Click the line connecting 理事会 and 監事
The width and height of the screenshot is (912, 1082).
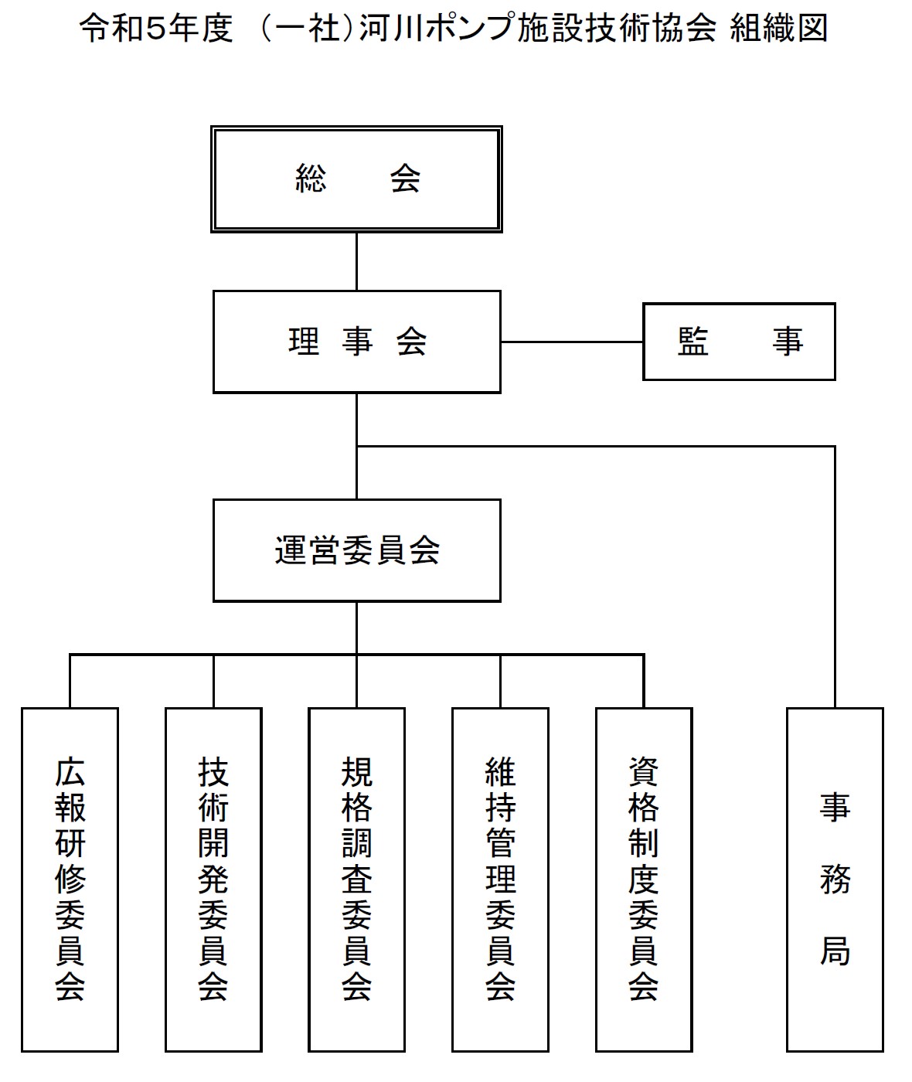tap(572, 342)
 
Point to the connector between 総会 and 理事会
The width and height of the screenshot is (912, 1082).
tap(356, 261)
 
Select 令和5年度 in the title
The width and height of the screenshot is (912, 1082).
tap(156, 28)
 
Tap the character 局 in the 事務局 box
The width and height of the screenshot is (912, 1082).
tap(835, 951)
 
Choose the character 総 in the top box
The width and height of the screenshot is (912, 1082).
tap(311, 179)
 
